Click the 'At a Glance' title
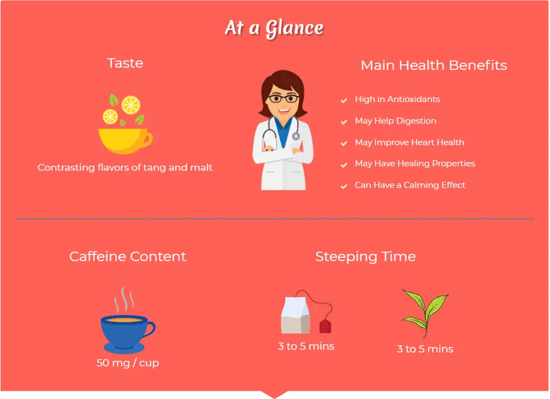pos(274,28)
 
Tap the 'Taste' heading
pos(125,63)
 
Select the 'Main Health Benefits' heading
pos(434,65)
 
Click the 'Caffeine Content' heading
pos(128,257)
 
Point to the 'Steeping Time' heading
pos(366,257)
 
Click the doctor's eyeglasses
pos(284,98)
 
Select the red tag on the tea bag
pos(325,326)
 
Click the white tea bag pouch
pos(295,315)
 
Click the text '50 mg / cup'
pos(128,362)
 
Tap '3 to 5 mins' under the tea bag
pos(306,346)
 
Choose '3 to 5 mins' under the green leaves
pos(425,349)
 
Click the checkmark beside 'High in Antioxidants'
pos(344,101)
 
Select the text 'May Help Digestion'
pos(395,121)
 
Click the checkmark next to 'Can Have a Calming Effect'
pos(344,186)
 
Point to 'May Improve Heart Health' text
pos(410,142)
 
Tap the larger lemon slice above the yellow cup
pos(131,105)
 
